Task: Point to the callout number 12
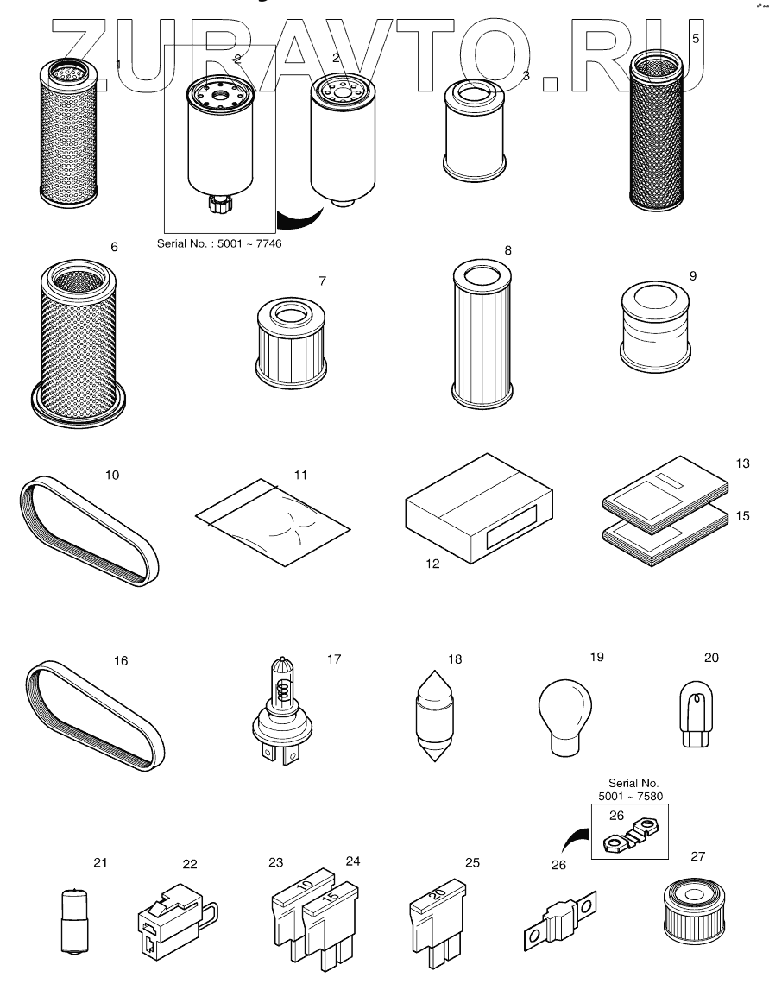tap(432, 564)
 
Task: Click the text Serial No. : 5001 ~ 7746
tap(219, 244)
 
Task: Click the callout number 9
tap(693, 275)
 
